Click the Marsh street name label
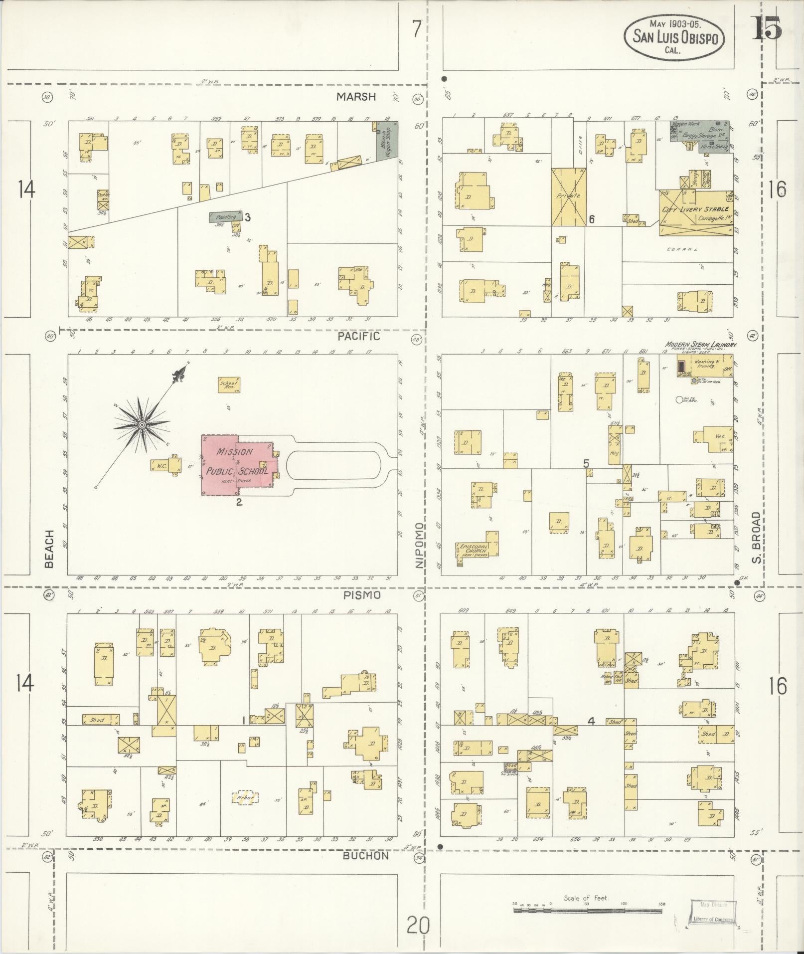click(x=356, y=97)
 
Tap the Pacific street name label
click(x=358, y=336)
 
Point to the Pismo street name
click(x=362, y=595)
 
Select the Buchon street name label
click(x=365, y=855)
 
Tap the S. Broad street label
click(x=756, y=538)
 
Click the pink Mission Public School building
click(x=237, y=465)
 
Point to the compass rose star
click(x=142, y=424)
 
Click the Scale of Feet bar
click(x=588, y=910)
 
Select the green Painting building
click(x=226, y=217)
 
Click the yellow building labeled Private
click(x=568, y=196)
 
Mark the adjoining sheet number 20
click(x=417, y=927)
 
